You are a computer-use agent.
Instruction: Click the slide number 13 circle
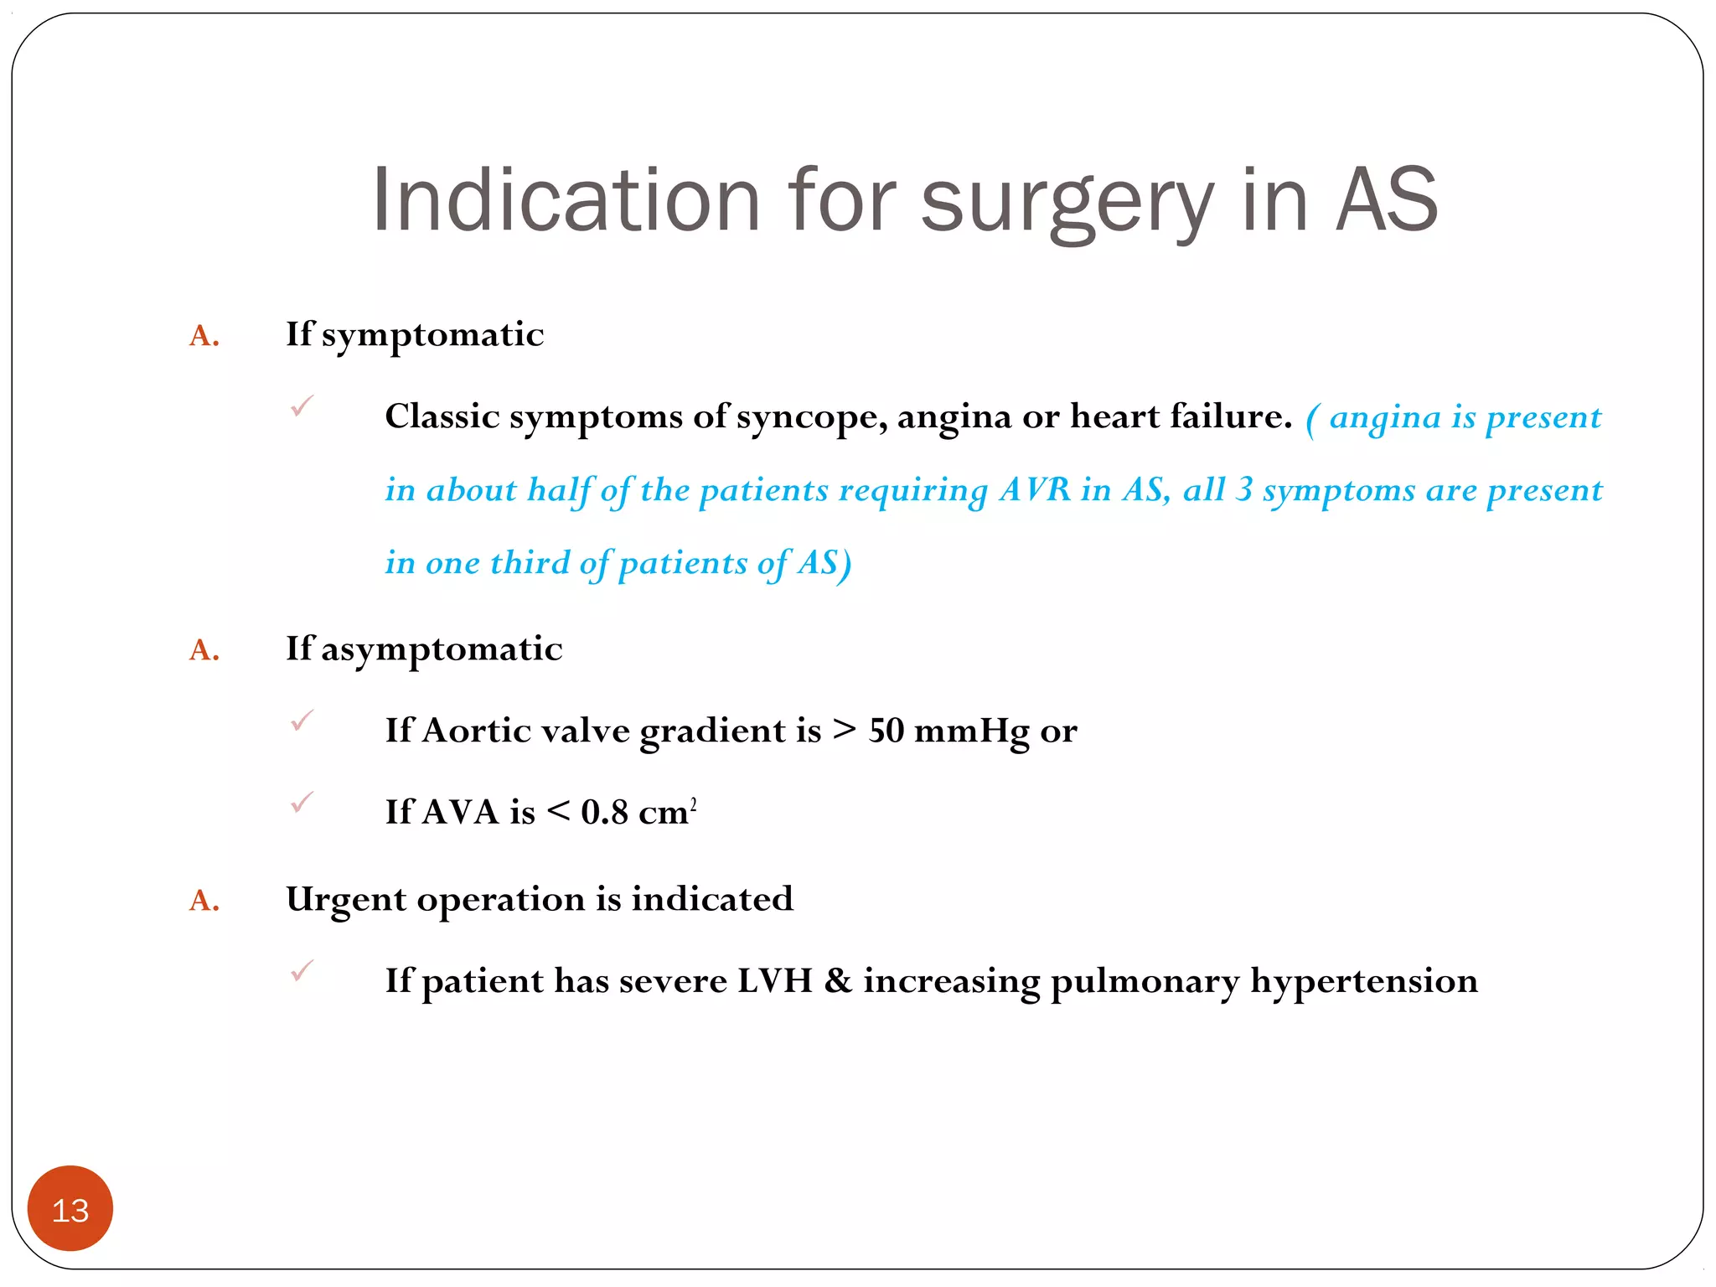click(x=70, y=1209)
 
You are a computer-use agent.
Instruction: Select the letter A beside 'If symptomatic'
click(x=204, y=336)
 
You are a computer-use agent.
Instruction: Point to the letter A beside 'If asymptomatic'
click(x=204, y=650)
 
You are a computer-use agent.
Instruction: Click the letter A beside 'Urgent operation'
click(x=204, y=901)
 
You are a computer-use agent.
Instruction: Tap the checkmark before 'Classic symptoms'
click(x=302, y=406)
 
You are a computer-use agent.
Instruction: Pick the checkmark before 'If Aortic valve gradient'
click(x=302, y=721)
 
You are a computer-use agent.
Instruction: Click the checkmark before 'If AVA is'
click(x=302, y=803)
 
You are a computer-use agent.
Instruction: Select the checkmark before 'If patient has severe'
click(x=302, y=970)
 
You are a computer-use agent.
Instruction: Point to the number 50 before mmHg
click(x=886, y=731)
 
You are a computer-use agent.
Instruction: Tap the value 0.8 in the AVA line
click(x=604, y=812)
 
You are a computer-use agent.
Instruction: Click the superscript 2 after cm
click(x=693, y=803)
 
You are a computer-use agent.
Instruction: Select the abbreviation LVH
click(x=774, y=980)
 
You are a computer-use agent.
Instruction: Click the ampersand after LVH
click(x=837, y=980)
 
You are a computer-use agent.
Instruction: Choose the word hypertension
click(x=1363, y=982)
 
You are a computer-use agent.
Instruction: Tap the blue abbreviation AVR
click(x=1035, y=490)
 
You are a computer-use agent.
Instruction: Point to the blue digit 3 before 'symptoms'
click(x=1243, y=490)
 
